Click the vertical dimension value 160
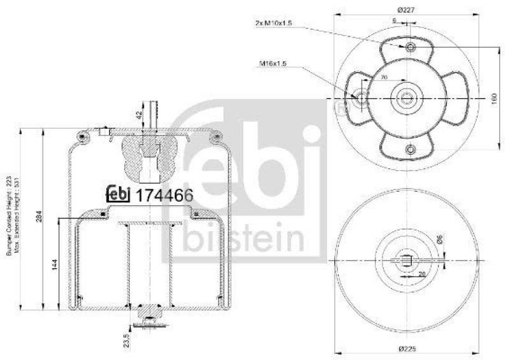tap(493, 99)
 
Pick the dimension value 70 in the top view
tap(384, 77)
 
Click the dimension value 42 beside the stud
tap(140, 116)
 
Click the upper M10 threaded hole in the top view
tap(409, 48)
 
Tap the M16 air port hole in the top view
tap(361, 99)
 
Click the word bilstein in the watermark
tap(245, 240)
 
